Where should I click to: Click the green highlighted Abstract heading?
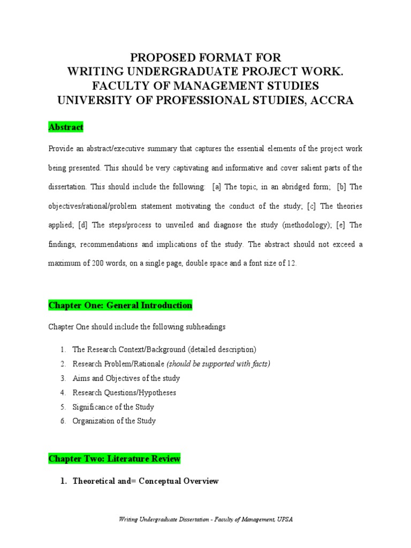point(66,127)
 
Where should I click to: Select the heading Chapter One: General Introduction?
point(120,306)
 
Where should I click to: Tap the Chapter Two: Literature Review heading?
point(114,459)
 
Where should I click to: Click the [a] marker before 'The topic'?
point(217,187)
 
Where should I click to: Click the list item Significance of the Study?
point(113,407)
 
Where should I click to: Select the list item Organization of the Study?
point(114,421)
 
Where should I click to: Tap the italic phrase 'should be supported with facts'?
point(218,364)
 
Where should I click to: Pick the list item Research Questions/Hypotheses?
point(124,392)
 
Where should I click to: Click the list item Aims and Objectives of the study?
point(126,378)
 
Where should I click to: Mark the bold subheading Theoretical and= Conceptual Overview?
point(145,482)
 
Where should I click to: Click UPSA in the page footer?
point(284,520)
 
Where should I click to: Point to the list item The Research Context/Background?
point(164,349)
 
